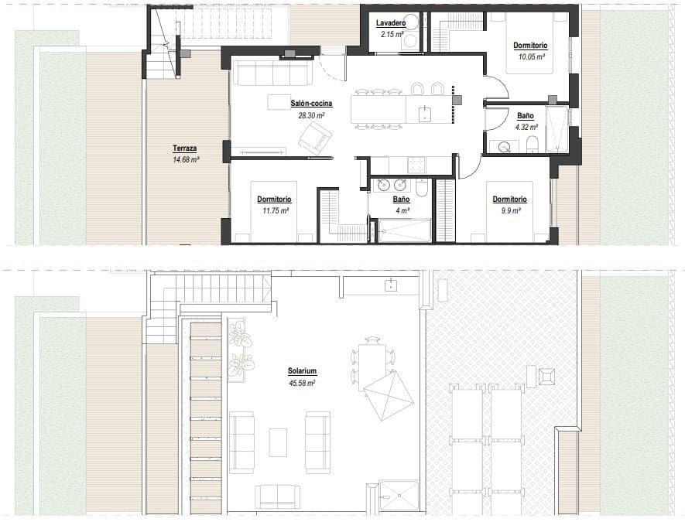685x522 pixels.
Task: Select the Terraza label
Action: [186, 148]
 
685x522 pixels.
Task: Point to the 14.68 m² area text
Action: [186, 159]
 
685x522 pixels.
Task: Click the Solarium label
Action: [302, 371]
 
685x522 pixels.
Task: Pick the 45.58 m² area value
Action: [302, 383]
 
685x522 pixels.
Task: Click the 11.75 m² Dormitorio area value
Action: [273, 210]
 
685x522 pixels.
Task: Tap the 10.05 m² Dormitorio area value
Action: [532, 56]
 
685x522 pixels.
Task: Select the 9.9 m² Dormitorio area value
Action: [509, 210]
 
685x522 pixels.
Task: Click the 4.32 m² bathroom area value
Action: [526, 127]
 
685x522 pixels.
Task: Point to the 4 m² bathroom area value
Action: [401, 210]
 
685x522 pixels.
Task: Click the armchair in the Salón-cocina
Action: [314, 138]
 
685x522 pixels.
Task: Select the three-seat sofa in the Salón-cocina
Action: [272, 73]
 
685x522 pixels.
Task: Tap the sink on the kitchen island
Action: [425, 114]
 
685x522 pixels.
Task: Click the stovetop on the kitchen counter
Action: [416, 164]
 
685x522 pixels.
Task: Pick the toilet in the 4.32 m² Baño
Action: [532, 145]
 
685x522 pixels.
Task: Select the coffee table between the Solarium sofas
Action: [278, 442]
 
